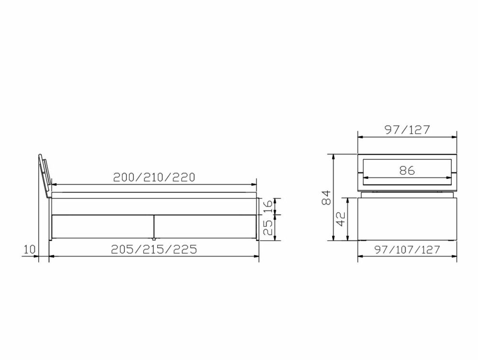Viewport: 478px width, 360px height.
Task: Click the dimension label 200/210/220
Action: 154,177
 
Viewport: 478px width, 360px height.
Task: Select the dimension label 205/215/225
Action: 154,249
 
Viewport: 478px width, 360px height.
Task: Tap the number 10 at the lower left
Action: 28,249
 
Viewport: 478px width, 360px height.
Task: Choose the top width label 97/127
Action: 407,130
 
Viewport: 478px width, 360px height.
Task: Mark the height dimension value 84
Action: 326,197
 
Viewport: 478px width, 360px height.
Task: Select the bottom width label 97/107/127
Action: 407,250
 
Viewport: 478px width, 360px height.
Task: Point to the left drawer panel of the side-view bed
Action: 102,226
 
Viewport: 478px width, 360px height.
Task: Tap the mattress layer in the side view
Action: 154,196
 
